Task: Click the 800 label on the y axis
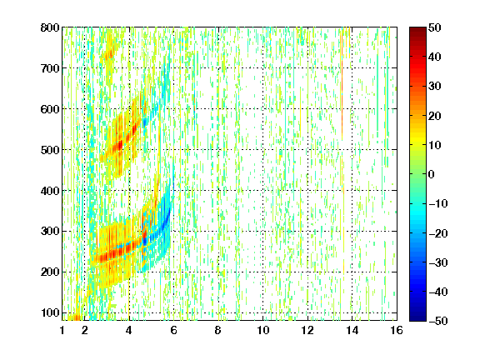click(50, 27)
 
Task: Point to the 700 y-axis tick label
click(50, 68)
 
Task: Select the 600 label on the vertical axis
click(50, 109)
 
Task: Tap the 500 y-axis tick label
click(50, 150)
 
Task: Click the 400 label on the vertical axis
click(50, 191)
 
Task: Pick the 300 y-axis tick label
click(50, 231)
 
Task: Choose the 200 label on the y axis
click(50, 272)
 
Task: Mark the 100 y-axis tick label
click(50, 312)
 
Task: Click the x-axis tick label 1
click(62, 330)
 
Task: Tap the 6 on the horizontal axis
click(173, 330)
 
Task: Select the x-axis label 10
click(263, 330)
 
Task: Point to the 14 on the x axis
click(352, 330)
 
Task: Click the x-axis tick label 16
click(397, 330)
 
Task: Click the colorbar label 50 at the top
click(434, 27)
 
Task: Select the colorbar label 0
click(432, 174)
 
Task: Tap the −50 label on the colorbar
click(438, 321)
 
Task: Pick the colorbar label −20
click(438, 233)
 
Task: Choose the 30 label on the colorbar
click(434, 87)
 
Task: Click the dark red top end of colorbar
click(417, 30)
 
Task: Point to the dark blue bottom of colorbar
click(417, 318)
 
